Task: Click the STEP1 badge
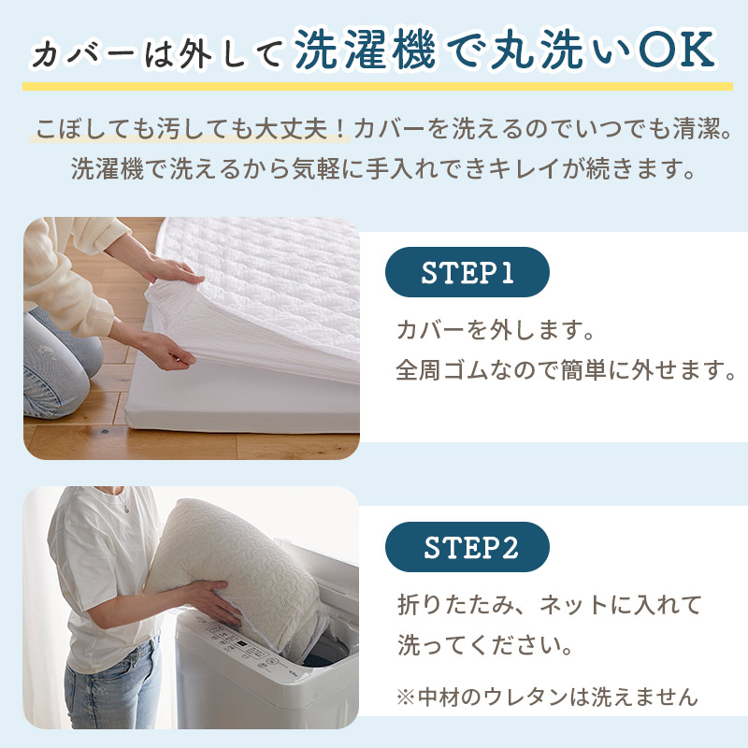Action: coord(467,272)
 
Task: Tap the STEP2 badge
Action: coord(467,547)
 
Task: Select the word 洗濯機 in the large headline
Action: coord(365,50)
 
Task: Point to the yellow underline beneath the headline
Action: coord(378,86)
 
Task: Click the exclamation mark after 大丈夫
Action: coord(340,129)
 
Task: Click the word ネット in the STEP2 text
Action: coord(573,605)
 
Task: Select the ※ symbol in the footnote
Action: coord(405,698)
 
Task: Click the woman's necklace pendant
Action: coord(126,510)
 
